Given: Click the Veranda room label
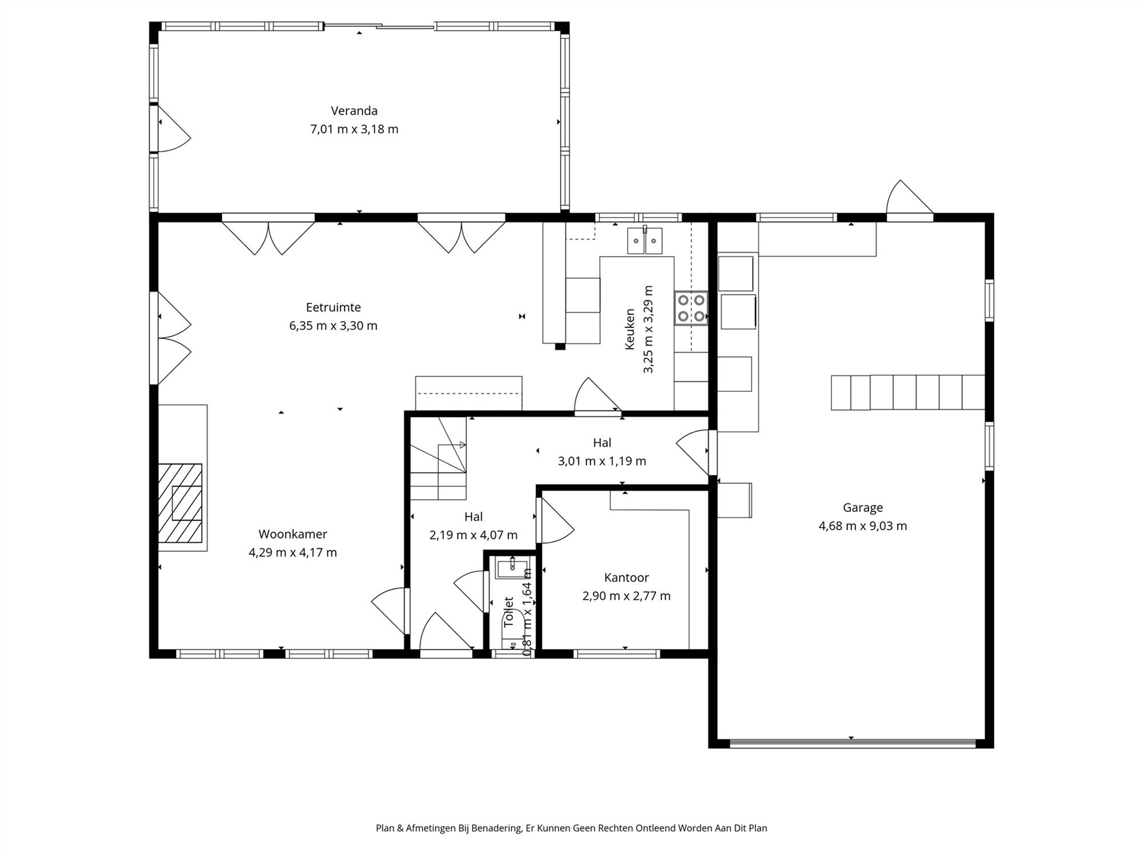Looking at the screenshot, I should point(354,111).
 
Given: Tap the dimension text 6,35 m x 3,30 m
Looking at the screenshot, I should point(333,326).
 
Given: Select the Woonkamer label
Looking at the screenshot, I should point(293,534).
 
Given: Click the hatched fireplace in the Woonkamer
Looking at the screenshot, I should point(180,503).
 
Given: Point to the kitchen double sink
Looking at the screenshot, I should point(645,241).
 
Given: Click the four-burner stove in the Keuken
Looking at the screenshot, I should point(690,308).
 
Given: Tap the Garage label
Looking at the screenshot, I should point(862,507).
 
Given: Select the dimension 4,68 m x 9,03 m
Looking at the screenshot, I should point(862,526).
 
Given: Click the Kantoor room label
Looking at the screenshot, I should point(626,578).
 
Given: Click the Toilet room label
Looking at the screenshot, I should point(509,612).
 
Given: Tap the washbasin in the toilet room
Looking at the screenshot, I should point(512,568).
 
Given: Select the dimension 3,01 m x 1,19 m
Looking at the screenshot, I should point(602,461).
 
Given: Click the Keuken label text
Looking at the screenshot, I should point(630,330).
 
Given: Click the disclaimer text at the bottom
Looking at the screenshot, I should point(571,828).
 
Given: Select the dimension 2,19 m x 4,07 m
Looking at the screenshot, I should point(473,535).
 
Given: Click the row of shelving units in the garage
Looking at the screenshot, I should point(908,393).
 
